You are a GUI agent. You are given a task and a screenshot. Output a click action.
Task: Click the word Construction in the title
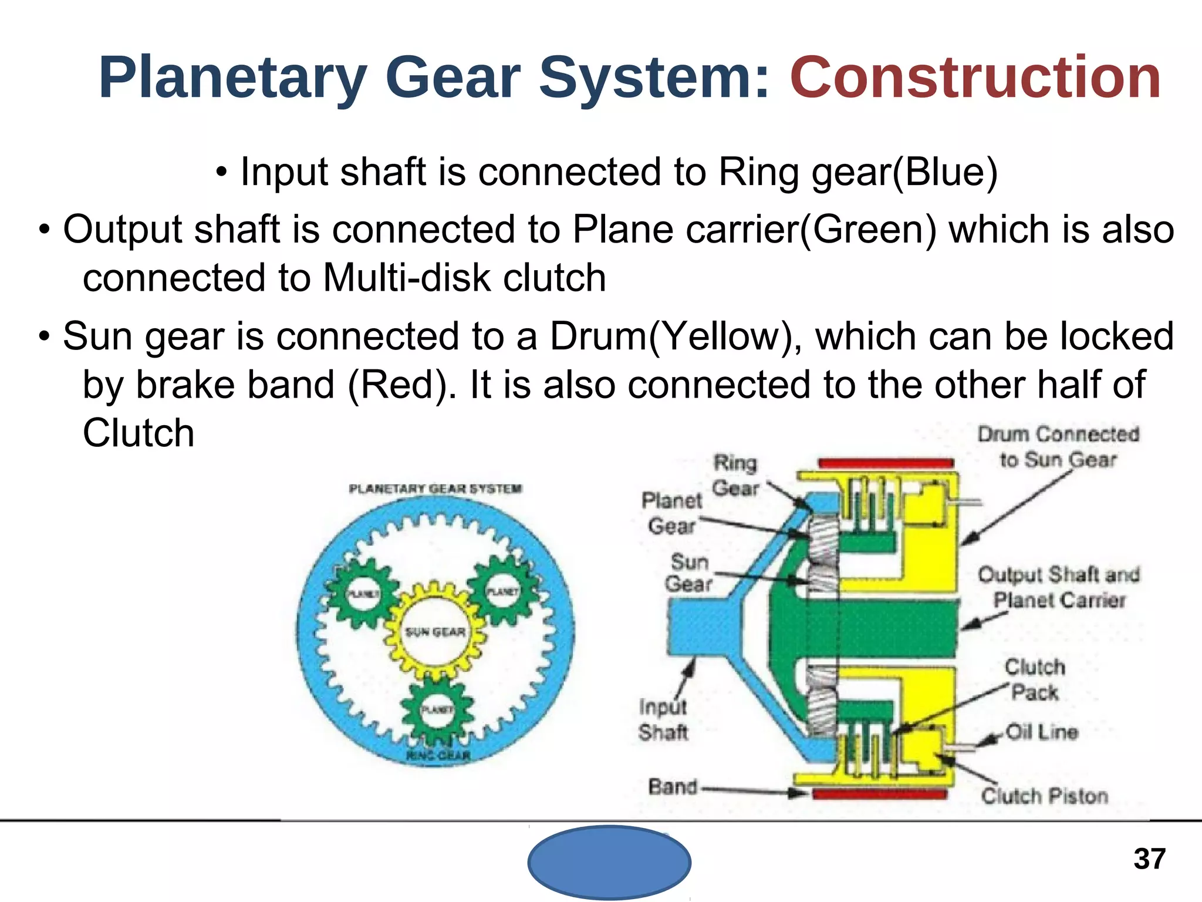(975, 78)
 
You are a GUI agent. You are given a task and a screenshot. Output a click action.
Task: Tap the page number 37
(1149, 859)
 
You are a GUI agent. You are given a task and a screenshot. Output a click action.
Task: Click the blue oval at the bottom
(609, 862)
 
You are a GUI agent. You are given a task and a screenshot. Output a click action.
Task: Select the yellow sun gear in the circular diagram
(435, 631)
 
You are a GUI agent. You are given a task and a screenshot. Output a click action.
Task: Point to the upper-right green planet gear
(503, 592)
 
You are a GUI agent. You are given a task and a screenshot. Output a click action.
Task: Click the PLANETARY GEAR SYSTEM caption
(435, 489)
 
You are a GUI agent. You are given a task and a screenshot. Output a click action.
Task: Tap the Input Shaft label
(663, 720)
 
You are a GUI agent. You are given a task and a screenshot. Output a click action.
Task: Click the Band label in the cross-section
(673, 786)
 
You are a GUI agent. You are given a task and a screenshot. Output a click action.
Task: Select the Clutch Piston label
(1045, 796)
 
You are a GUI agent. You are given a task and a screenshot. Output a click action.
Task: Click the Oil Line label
(1042, 732)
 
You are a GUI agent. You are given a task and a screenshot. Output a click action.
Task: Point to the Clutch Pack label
(1034, 679)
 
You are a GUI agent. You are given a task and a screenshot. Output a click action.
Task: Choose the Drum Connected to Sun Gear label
(1058, 447)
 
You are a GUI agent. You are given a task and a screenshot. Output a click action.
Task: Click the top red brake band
(886, 463)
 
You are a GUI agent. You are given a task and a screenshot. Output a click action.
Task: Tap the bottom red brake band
(879, 795)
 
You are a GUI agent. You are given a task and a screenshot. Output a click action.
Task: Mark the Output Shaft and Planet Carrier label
(1059, 587)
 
